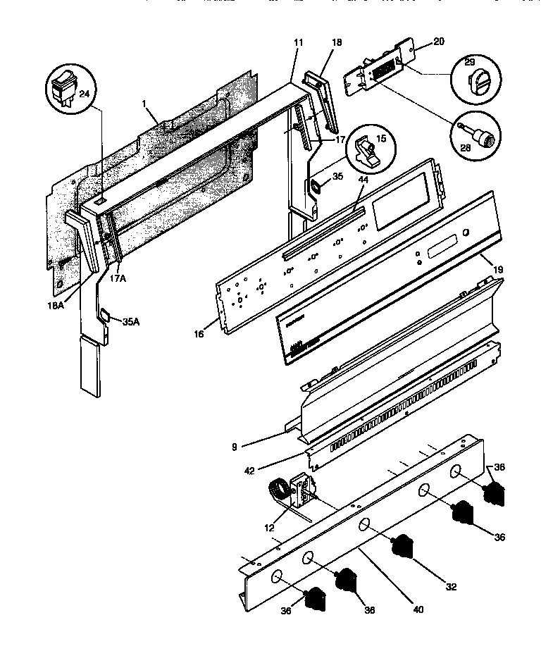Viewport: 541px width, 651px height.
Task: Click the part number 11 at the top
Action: click(x=298, y=44)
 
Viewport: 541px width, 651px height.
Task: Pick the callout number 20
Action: click(x=438, y=42)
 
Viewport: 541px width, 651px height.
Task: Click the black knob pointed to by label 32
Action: click(x=401, y=545)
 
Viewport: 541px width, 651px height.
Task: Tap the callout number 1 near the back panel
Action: click(x=144, y=104)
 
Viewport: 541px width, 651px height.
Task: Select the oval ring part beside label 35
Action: click(x=318, y=187)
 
